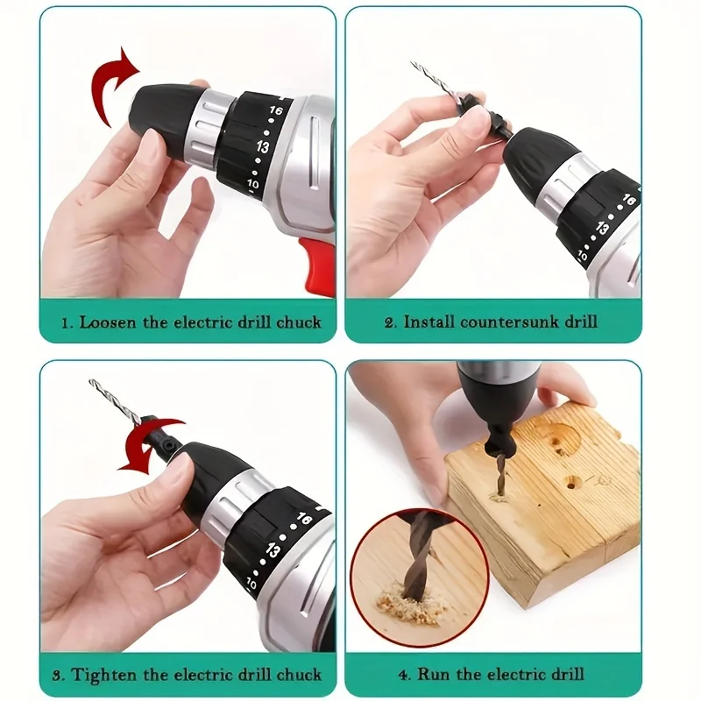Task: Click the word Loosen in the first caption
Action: click(107, 322)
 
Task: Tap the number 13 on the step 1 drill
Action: click(263, 146)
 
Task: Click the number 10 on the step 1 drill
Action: click(253, 185)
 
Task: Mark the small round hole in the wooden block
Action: click(573, 481)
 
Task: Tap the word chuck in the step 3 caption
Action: click(297, 675)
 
